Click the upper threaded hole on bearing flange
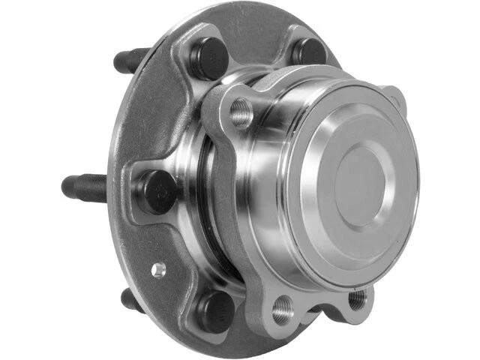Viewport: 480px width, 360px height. (x=241, y=112)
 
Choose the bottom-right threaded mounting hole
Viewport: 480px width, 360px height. (x=358, y=298)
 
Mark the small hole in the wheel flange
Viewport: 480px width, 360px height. (x=158, y=268)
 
